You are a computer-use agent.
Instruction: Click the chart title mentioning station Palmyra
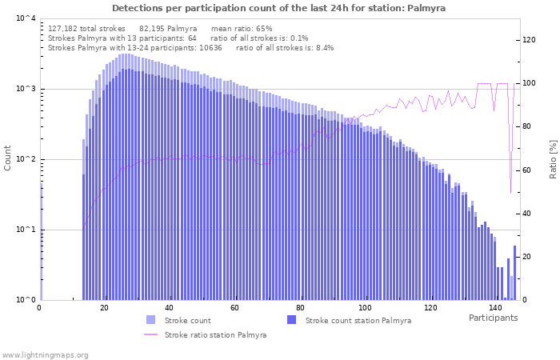coord(279,8)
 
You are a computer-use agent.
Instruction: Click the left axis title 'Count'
coord(8,158)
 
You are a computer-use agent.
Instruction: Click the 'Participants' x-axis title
coord(493,318)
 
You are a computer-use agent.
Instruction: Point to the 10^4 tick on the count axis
coord(26,18)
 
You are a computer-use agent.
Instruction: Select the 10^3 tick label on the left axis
coord(26,89)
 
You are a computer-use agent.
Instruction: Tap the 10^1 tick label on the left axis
coord(26,230)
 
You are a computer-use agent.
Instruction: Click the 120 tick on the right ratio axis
coord(529,40)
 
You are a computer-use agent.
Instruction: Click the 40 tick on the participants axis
coord(169,308)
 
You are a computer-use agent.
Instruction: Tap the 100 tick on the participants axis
coord(365,308)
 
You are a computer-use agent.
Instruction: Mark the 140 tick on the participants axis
coord(495,308)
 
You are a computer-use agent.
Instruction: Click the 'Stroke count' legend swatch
coord(150,320)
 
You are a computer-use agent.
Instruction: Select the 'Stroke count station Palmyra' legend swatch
coord(291,320)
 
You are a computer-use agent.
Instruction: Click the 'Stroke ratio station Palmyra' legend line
coord(150,334)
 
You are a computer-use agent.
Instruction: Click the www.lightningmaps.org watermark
coord(45,354)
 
